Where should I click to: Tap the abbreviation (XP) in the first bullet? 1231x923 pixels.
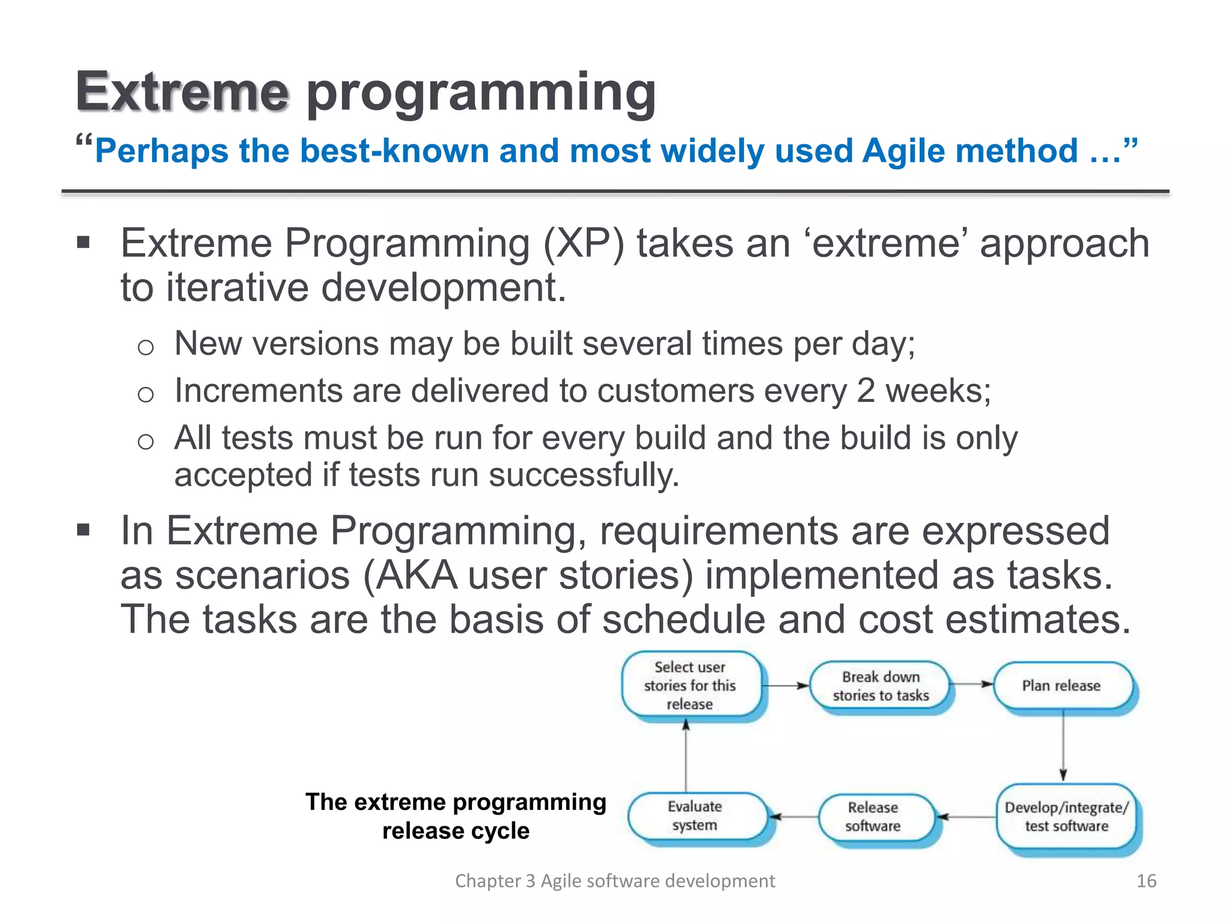click(584, 243)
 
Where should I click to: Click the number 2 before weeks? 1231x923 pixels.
click(866, 391)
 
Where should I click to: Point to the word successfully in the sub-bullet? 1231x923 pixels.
click(584, 475)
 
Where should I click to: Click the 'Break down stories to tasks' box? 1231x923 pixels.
click(880, 686)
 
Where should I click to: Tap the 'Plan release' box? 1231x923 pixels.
click(1061, 686)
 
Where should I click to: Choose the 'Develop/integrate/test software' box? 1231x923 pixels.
click(1066, 817)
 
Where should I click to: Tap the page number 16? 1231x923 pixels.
click(1146, 881)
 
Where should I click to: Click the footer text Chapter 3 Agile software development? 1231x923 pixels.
click(614, 881)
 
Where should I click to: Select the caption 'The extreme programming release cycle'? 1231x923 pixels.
click(456, 816)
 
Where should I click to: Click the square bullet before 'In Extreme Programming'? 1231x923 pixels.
click(84, 531)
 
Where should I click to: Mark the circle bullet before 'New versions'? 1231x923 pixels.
click(145, 347)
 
